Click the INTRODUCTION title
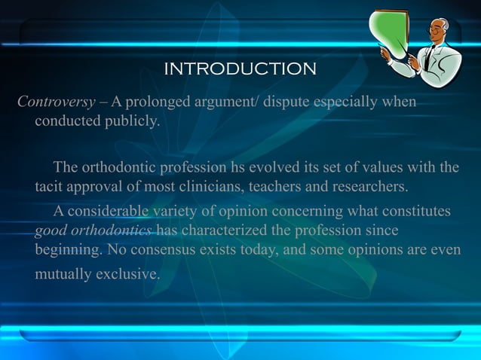pos(240,69)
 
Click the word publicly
pos(133,121)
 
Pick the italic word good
pos(51,230)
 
